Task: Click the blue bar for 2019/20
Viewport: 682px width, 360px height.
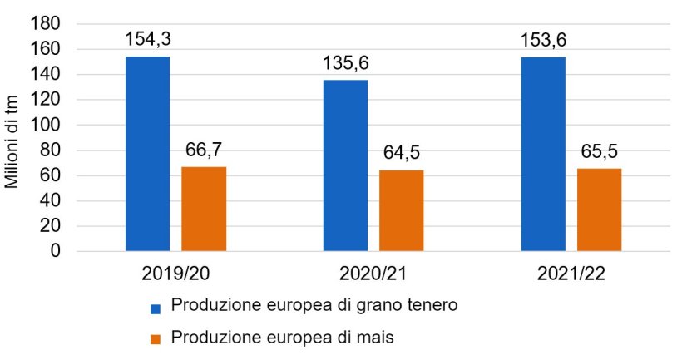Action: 147,154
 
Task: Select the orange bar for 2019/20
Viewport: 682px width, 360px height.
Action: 204,209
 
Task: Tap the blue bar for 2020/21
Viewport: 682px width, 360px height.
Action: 345,165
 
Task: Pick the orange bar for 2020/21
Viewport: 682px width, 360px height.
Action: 402,210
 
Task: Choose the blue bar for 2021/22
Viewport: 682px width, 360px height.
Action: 543,154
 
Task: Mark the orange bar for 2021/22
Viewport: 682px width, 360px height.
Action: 599,210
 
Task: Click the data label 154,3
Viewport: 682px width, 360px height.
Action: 148,39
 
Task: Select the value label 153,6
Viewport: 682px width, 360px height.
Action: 543,39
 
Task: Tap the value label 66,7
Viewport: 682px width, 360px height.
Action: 204,150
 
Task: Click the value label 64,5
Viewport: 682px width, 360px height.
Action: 402,153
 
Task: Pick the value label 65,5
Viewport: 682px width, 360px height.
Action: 599,151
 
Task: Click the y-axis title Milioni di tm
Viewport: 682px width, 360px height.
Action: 12,137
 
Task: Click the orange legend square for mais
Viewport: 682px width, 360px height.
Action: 155,340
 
